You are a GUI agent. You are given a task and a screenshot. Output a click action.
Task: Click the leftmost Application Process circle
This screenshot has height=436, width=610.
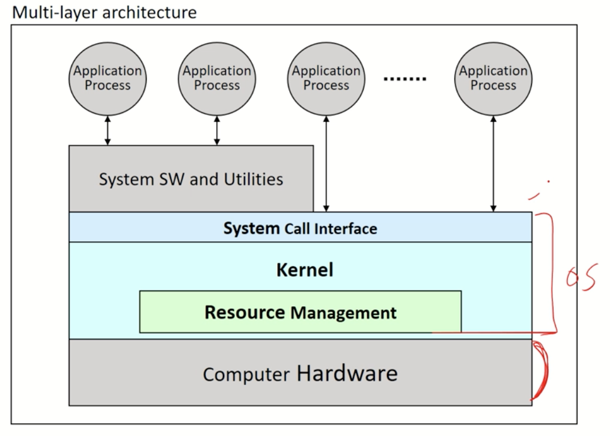click(x=108, y=78)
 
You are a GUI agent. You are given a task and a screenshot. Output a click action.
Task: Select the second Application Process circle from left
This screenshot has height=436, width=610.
click(x=217, y=78)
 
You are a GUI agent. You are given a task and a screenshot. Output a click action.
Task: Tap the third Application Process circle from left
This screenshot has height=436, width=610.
click(x=326, y=78)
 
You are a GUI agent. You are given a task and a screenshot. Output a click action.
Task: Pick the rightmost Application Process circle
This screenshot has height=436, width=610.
click(x=493, y=78)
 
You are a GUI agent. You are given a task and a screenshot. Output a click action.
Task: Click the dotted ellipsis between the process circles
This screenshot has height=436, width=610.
click(x=404, y=79)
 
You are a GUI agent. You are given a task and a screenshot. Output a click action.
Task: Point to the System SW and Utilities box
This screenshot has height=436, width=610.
click(x=191, y=179)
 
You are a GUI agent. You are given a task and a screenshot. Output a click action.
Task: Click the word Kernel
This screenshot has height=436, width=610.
click(x=305, y=269)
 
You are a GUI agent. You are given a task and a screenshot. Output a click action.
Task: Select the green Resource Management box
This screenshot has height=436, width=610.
click(x=300, y=312)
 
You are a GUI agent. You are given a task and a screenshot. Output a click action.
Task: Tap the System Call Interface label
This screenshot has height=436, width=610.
click(x=300, y=229)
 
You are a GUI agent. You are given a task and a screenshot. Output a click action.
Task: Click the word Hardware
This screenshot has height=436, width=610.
click(x=347, y=373)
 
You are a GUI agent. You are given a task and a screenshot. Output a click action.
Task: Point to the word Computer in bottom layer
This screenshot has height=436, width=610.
click(x=246, y=375)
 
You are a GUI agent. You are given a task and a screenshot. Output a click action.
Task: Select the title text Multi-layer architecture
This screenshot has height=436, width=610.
click(x=105, y=12)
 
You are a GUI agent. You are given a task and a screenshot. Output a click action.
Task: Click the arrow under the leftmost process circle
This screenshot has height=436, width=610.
click(x=108, y=130)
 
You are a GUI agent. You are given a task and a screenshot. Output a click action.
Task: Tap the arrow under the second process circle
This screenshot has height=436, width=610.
click(x=217, y=130)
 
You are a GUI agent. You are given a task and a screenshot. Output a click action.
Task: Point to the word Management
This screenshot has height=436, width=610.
click(x=344, y=313)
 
